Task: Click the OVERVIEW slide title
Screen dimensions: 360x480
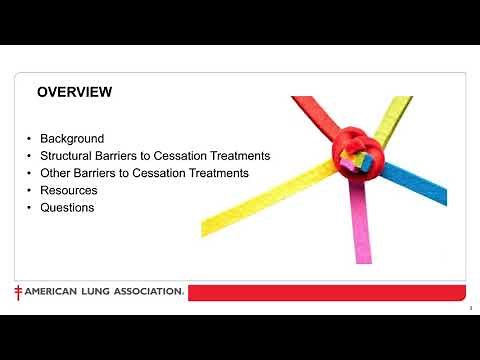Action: point(74,92)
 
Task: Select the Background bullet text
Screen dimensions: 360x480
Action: point(72,139)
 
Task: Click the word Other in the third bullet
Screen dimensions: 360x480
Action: point(56,173)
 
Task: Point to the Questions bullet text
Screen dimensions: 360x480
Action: point(67,207)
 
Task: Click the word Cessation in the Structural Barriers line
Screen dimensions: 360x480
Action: point(181,156)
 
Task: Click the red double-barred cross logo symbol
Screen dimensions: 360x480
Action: point(18,292)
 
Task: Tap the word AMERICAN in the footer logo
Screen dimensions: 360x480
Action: point(50,292)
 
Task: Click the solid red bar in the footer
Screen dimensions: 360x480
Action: point(330,292)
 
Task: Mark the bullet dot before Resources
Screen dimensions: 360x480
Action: point(30,190)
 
